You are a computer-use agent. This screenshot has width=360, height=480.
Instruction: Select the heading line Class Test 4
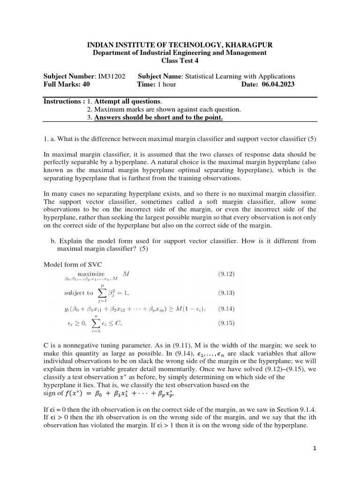tap(180, 61)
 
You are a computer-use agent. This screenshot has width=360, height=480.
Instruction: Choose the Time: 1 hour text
tap(157, 84)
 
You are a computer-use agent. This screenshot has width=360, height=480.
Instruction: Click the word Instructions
tap(61, 101)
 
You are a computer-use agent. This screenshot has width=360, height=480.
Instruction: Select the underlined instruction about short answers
tap(158, 117)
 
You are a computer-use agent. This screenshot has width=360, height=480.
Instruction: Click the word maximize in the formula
tap(92, 273)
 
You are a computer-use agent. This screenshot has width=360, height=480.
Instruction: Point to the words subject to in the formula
tap(78, 293)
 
